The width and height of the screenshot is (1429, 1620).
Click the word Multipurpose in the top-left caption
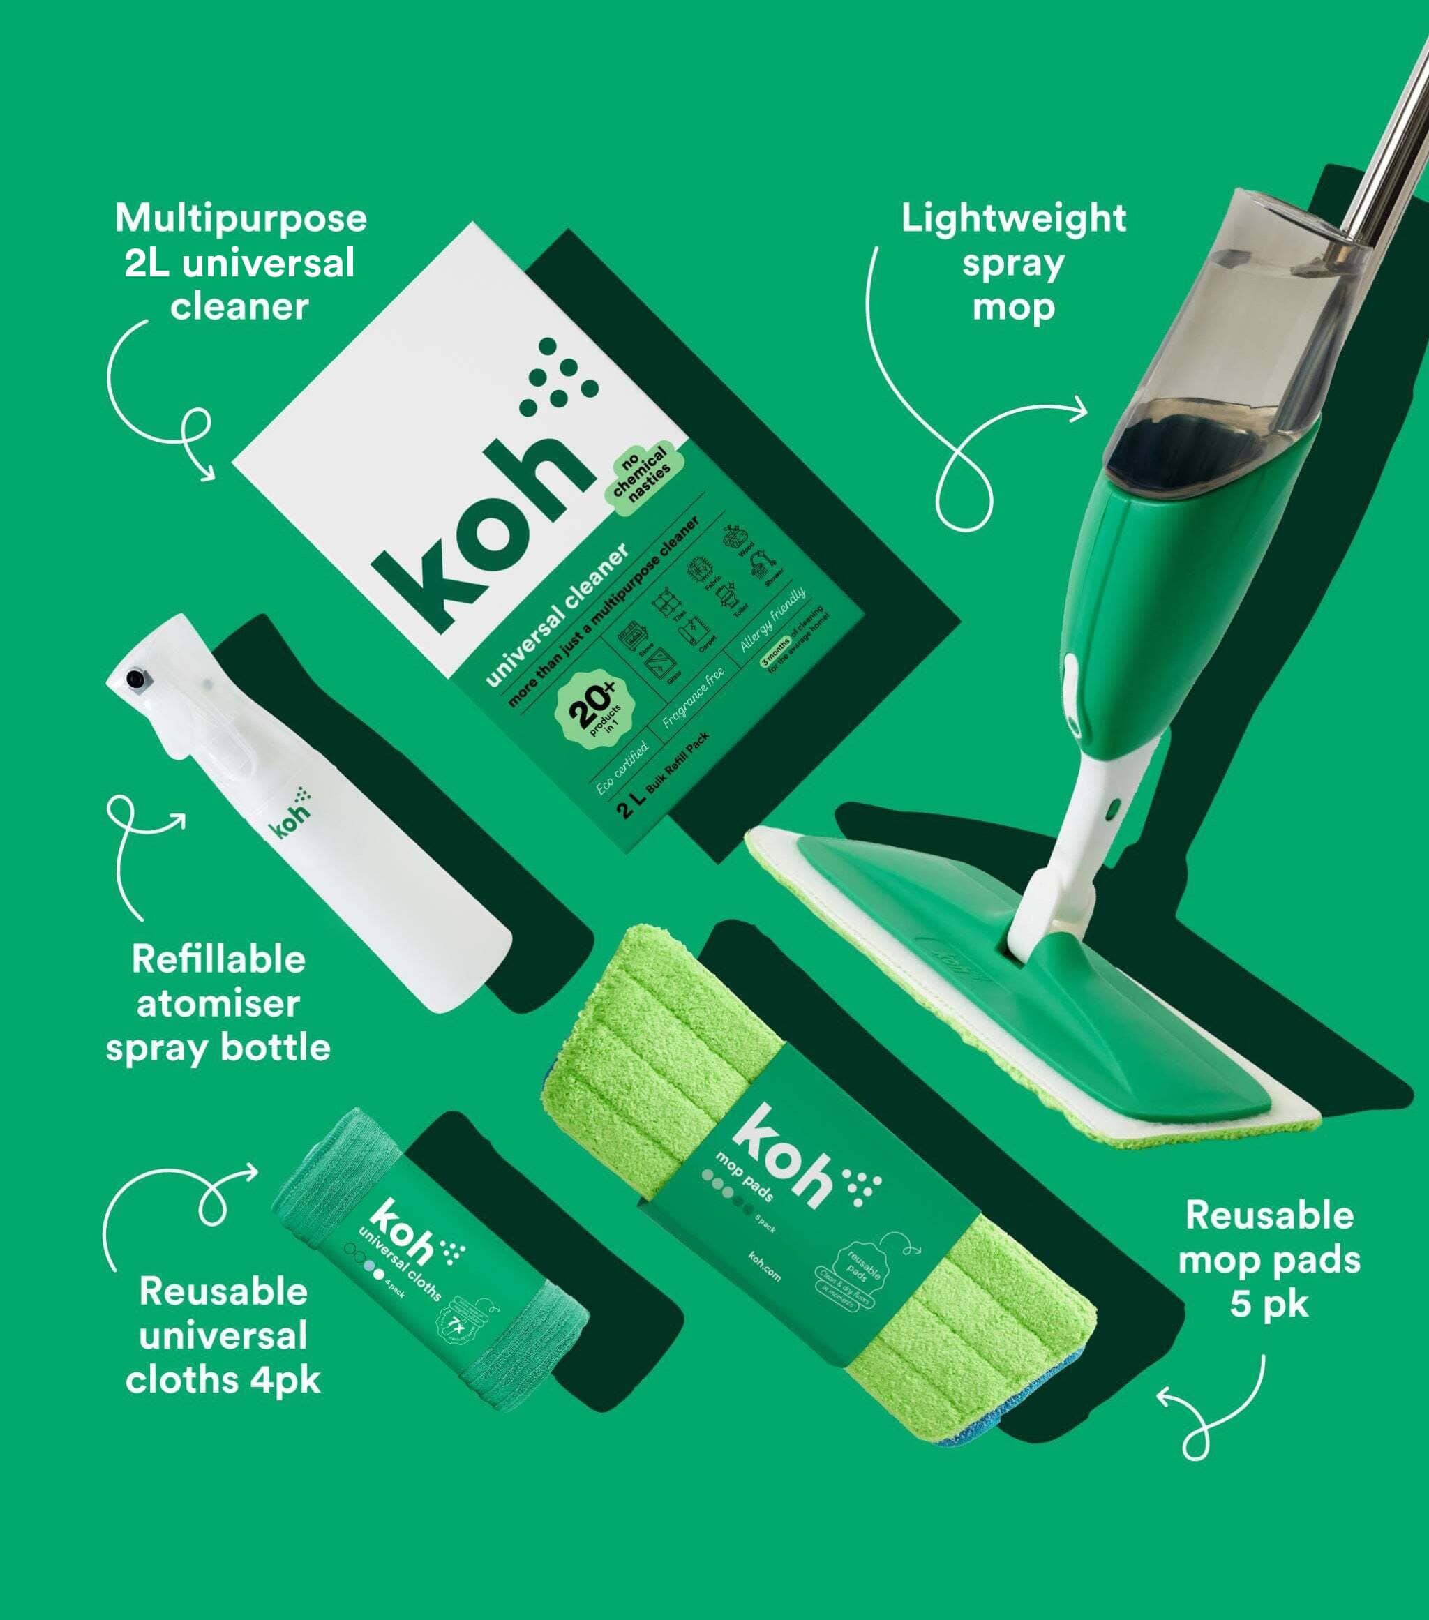click(241, 220)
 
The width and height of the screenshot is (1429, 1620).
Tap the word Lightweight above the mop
click(1013, 220)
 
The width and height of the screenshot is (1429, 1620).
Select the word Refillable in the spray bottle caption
click(219, 960)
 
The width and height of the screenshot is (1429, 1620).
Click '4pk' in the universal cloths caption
click(285, 1381)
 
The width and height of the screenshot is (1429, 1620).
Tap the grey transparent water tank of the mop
click(1236, 333)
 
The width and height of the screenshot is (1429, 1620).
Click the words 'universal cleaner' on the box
click(558, 615)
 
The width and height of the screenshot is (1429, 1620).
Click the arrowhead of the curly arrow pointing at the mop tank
click(1082, 410)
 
